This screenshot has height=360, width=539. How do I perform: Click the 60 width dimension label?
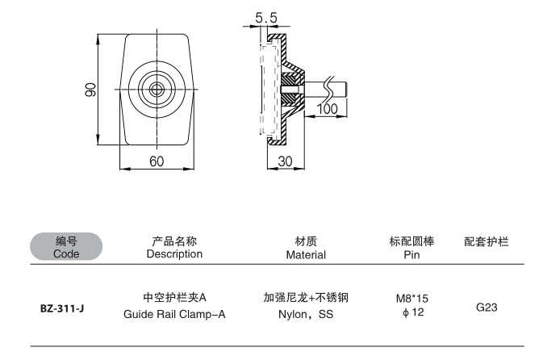[157, 161]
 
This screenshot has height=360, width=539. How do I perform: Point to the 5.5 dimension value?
[267, 16]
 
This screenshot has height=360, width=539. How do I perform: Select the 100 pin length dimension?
[327, 109]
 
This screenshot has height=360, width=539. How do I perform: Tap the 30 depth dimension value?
[285, 161]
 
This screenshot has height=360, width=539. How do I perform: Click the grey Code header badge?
[66, 247]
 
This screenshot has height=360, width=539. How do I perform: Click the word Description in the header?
[174, 253]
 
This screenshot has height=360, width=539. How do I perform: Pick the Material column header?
[305, 254]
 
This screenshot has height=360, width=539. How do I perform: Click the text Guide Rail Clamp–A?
[174, 314]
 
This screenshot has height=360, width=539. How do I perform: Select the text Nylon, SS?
[305, 314]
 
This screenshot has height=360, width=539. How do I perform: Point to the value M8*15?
[412, 299]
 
